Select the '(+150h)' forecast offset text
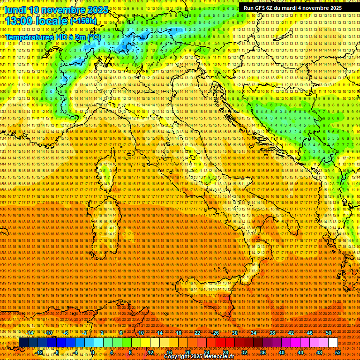(x=83, y=21)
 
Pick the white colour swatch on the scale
(x=333, y=343)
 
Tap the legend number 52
(x=338, y=352)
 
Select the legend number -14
(x=30, y=333)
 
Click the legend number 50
(x=329, y=333)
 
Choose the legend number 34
(x=254, y=333)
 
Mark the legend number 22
(x=197, y=333)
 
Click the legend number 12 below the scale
(x=150, y=352)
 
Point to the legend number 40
(x=282, y=352)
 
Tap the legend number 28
(x=225, y=352)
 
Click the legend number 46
(x=310, y=333)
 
